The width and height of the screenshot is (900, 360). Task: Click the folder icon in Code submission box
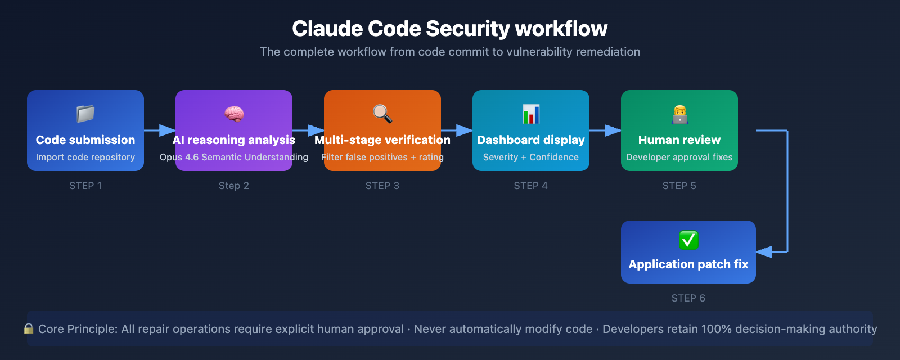(x=85, y=114)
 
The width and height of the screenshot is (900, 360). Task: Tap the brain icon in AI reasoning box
(x=234, y=114)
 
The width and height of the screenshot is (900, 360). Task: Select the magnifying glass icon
(x=382, y=114)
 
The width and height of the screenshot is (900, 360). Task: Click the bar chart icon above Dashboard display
(x=531, y=114)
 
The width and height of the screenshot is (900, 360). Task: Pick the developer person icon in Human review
(x=679, y=114)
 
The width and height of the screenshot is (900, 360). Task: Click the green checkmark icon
(x=688, y=240)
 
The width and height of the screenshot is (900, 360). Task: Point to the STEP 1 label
(x=85, y=186)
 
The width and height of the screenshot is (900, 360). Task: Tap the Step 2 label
(x=234, y=186)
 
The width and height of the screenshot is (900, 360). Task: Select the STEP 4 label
(x=530, y=186)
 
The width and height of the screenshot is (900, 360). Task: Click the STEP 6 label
(x=688, y=298)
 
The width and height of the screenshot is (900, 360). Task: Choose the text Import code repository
(x=85, y=157)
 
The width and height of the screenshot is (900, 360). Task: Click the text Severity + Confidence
(x=530, y=157)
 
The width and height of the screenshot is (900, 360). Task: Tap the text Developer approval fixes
(x=679, y=157)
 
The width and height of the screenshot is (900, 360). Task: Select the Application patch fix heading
(x=688, y=264)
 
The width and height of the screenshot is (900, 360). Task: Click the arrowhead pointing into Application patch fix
(x=764, y=252)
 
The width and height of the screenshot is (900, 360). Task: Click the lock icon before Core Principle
(x=29, y=328)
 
